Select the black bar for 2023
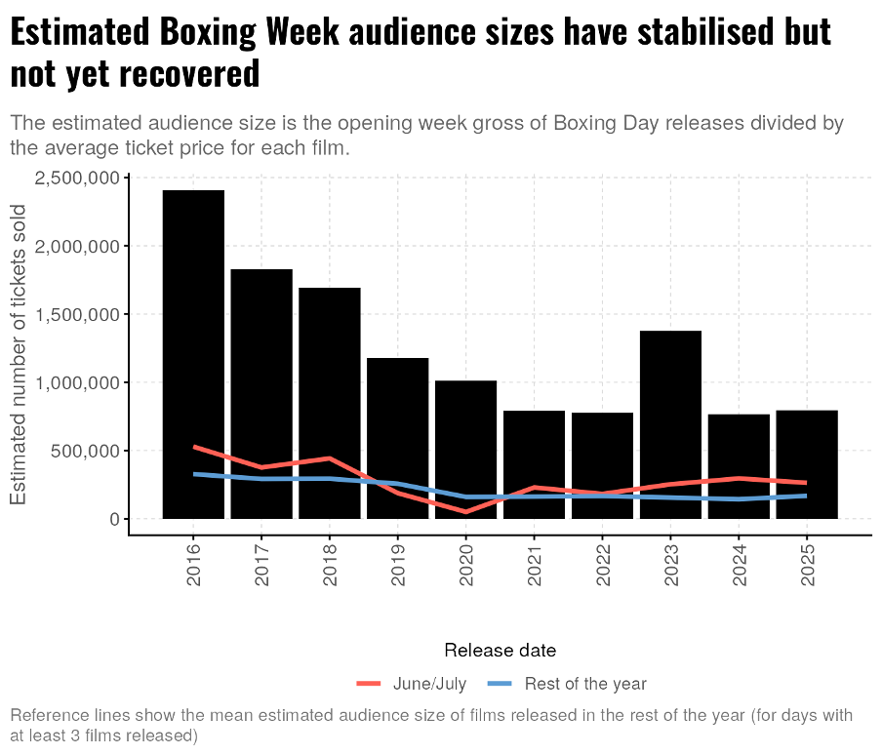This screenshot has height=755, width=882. [670, 424]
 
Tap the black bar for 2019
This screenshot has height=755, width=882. [398, 438]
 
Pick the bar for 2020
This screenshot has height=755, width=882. [465, 450]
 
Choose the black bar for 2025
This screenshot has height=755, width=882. [807, 464]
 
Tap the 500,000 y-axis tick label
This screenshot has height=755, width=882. [85, 452]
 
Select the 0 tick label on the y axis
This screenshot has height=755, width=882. [114, 520]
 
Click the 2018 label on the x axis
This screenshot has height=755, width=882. [330, 566]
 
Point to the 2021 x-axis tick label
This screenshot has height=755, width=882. [535, 566]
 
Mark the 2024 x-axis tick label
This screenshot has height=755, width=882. [739, 566]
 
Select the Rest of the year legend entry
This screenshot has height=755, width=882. [584, 684]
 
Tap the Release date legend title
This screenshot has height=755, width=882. [500, 651]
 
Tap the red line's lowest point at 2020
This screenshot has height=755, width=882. [465, 511]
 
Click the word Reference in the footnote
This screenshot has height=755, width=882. [47, 715]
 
